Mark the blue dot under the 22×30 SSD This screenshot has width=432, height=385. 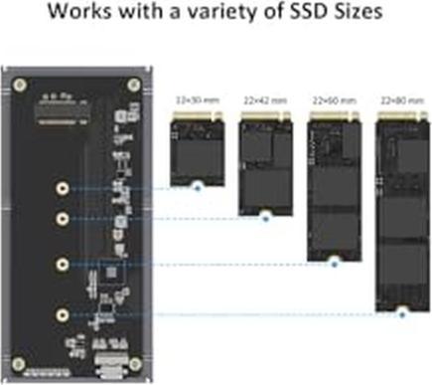tap(197, 186)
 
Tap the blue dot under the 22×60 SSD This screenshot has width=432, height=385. tap(335, 263)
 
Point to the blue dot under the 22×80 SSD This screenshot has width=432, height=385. tap(402, 313)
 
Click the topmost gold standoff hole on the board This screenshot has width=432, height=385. tap(63, 188)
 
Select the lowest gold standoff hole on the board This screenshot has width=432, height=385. tap(63, 314)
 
